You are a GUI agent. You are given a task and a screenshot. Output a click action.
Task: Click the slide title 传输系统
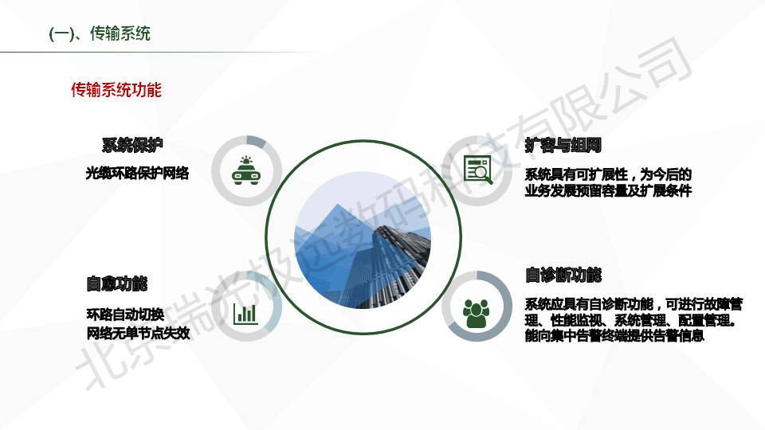coord(120,33)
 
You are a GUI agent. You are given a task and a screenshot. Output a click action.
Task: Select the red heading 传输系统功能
coord(116,90)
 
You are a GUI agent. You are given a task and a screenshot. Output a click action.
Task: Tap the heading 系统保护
coord(132,145)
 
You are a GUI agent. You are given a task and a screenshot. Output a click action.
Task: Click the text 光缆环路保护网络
coord(137,173)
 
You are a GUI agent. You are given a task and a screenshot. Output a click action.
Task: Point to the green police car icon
coord(246,170)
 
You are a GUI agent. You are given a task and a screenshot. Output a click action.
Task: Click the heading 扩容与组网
coord(563,145)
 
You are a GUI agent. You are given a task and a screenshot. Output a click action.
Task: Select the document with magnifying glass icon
coord(477,170)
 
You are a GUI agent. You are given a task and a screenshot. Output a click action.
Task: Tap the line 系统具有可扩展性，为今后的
coord(608,174)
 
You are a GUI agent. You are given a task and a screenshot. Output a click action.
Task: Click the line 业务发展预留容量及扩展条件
coord(608,190)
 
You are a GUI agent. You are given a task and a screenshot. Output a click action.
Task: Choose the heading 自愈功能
coord(116,283)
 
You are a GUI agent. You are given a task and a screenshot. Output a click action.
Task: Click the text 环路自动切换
coord(125,315)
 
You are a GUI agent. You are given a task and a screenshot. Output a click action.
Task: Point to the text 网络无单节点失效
coord(138,333)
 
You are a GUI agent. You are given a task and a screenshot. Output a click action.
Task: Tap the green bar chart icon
coord(245,314)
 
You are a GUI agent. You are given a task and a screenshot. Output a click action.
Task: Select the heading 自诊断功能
coord(563,275)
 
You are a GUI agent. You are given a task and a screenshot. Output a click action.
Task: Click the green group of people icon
coord(476,314)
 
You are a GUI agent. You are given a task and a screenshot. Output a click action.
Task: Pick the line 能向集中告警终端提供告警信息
coord(614,335)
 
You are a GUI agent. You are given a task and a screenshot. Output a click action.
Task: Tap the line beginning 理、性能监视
coord(630,320)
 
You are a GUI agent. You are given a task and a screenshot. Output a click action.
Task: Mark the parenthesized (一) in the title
coord(61,34)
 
